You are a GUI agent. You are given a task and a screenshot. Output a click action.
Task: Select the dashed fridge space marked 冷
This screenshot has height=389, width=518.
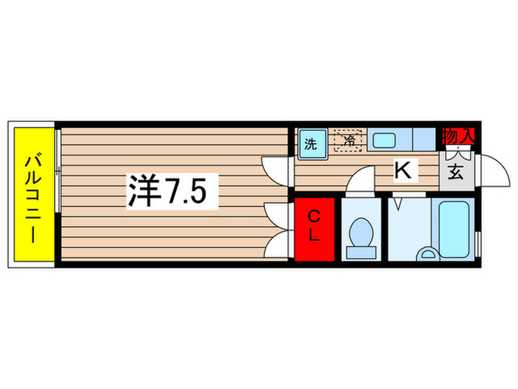[346, 141]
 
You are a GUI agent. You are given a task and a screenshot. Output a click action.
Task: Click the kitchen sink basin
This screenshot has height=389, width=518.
[384, 140]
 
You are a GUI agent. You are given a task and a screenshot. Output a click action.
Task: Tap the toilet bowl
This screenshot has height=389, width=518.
[360, 235]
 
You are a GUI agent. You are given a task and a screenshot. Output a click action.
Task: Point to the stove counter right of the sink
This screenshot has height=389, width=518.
[424, 139]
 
